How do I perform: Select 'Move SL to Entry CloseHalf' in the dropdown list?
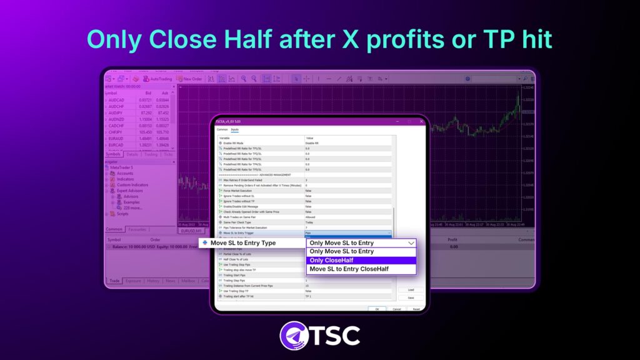click(361, 269)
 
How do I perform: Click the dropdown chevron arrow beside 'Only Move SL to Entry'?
click(411, 243)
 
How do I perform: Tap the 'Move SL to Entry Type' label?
click(242, 243)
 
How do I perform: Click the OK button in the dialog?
click(376, 309)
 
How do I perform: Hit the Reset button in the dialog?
click(416, 309)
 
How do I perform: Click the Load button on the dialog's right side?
click(410, 290)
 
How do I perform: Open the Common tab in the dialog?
click(222, 129)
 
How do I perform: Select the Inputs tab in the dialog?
click(235, 129)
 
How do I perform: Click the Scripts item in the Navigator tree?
click(122, 214)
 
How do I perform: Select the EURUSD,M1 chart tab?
click(191, 231)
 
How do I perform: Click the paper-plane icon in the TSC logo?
click(294, 334)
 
